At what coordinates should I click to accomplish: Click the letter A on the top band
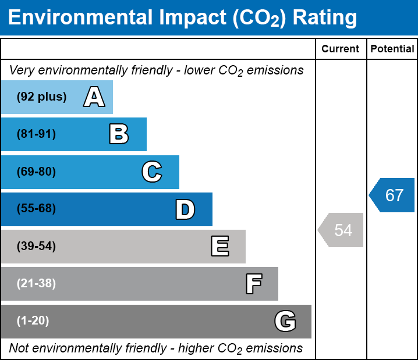[x=94, y=97]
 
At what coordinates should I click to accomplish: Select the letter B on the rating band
[x=119, y=134]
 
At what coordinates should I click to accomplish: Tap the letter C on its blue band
[x=151, y=172]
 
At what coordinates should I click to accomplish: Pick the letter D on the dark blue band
[x=185, y=209]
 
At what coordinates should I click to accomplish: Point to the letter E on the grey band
[x=219, y=247]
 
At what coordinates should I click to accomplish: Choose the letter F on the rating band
[x=253, y=284]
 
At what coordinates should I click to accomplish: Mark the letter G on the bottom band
[x=285, y=321]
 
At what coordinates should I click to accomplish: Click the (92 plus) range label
[x=41, y=97]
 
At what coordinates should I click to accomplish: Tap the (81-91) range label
[x=36, y=134]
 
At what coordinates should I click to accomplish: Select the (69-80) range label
[x=36, y=172]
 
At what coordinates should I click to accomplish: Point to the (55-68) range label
[x=36, y=209]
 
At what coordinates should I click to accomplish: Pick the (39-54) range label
[x=36, y=247]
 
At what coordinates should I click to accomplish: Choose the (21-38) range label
[x=36, y=284]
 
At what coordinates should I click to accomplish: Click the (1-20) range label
[x=33, y=321]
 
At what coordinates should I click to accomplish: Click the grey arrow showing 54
[x=342, y=230]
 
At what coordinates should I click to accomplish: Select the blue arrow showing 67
[x=393, y=195]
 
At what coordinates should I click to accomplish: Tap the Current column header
[x=341, y=49]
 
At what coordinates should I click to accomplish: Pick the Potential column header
[x=392, y=49]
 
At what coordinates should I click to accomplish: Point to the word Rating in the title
[x=324, y=18]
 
